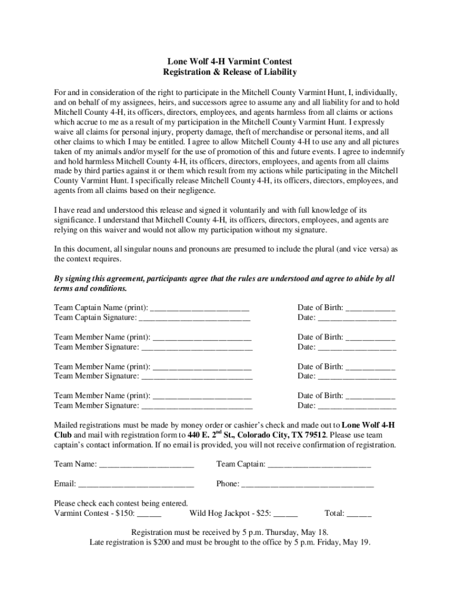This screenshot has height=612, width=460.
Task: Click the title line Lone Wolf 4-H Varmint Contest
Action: (230, 62)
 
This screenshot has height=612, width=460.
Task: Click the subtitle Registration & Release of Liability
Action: (230, 72)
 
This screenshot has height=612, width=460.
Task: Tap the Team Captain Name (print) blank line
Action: (200, 308)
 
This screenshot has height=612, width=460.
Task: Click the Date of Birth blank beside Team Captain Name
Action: (370, 308)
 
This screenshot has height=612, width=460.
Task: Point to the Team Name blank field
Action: (146, 464)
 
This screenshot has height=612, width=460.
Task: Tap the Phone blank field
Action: (307, 484)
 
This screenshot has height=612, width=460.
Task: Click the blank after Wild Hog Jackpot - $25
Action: (286, 513)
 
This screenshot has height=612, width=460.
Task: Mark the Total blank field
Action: (359, 513)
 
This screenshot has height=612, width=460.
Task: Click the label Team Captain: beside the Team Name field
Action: (240, 464)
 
